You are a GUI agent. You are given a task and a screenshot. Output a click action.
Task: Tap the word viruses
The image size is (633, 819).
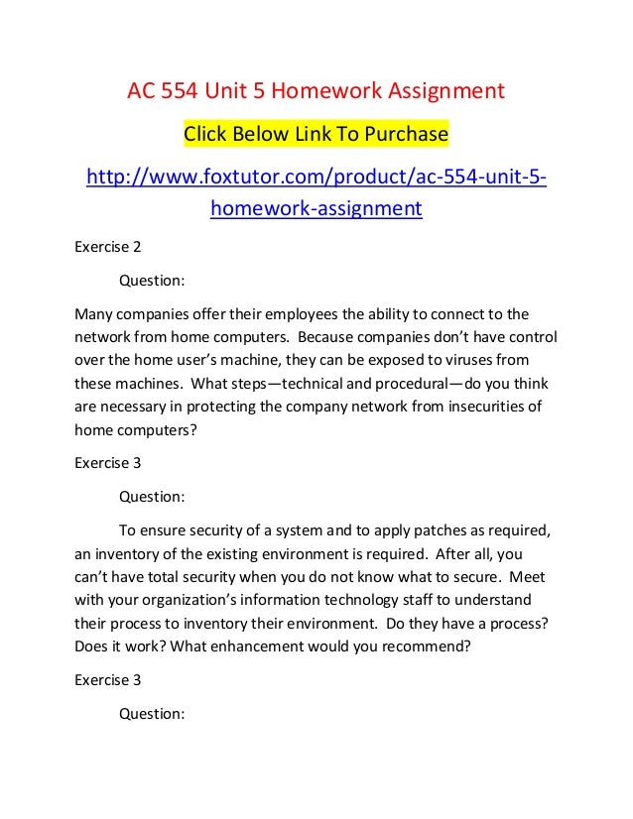click(467, 361)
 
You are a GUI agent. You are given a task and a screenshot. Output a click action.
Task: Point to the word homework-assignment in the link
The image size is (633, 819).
click(316, 209)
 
